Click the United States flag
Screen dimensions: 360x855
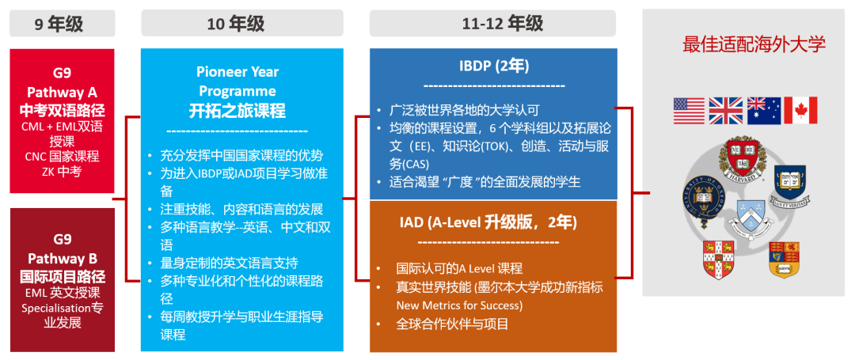coord(689,111)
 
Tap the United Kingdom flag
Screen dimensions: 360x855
coord(726,111)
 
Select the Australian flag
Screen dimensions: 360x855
coord(763,111)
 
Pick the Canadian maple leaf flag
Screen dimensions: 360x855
coord(800,111)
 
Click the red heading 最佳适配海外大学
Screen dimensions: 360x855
coord(754,44)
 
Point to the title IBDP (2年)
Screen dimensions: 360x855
coord(494,65)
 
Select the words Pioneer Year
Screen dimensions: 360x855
coord(237,72)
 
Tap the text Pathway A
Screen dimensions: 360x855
coord(62,90)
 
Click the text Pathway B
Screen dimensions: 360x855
coord(62,258)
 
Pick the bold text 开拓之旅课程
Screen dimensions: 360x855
coord(237,110)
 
